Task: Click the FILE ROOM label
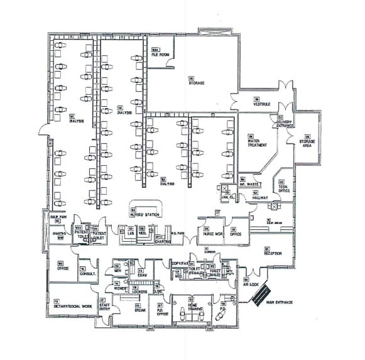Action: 161,55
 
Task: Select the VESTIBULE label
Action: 261,104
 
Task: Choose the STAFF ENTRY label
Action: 104,307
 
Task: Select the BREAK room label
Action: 139,310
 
